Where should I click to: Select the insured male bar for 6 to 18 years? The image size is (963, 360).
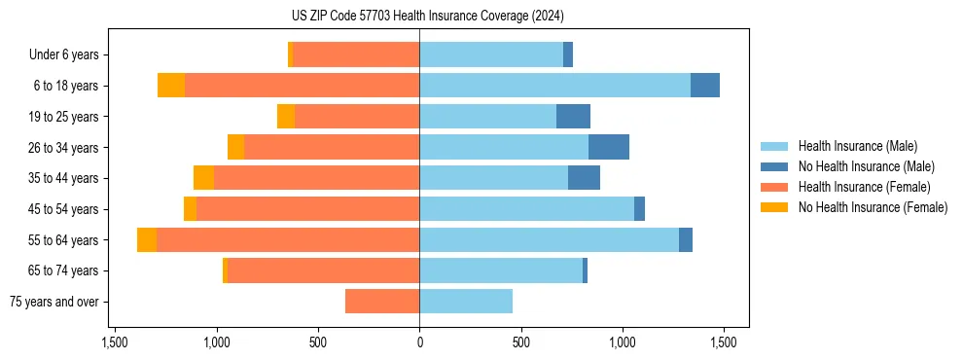554,86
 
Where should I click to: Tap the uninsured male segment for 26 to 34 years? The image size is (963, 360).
609,147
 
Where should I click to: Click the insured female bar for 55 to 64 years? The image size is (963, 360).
288,239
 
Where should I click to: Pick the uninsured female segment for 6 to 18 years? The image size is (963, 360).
171,86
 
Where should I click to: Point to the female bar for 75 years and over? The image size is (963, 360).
382,302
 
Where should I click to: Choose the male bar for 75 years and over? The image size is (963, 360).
466,302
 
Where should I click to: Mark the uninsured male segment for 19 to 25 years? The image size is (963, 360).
573,117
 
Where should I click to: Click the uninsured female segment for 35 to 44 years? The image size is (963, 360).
203,178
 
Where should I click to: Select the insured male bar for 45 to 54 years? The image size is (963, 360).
526,209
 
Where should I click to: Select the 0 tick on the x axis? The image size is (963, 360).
419,342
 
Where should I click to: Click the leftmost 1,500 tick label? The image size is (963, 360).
115,342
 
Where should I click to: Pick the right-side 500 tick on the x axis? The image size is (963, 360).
520,342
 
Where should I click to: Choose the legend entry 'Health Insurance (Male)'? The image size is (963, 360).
857,146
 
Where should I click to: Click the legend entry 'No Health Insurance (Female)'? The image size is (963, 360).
873,207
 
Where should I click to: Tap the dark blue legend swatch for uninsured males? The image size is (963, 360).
774,166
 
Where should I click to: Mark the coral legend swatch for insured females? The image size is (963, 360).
774,187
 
